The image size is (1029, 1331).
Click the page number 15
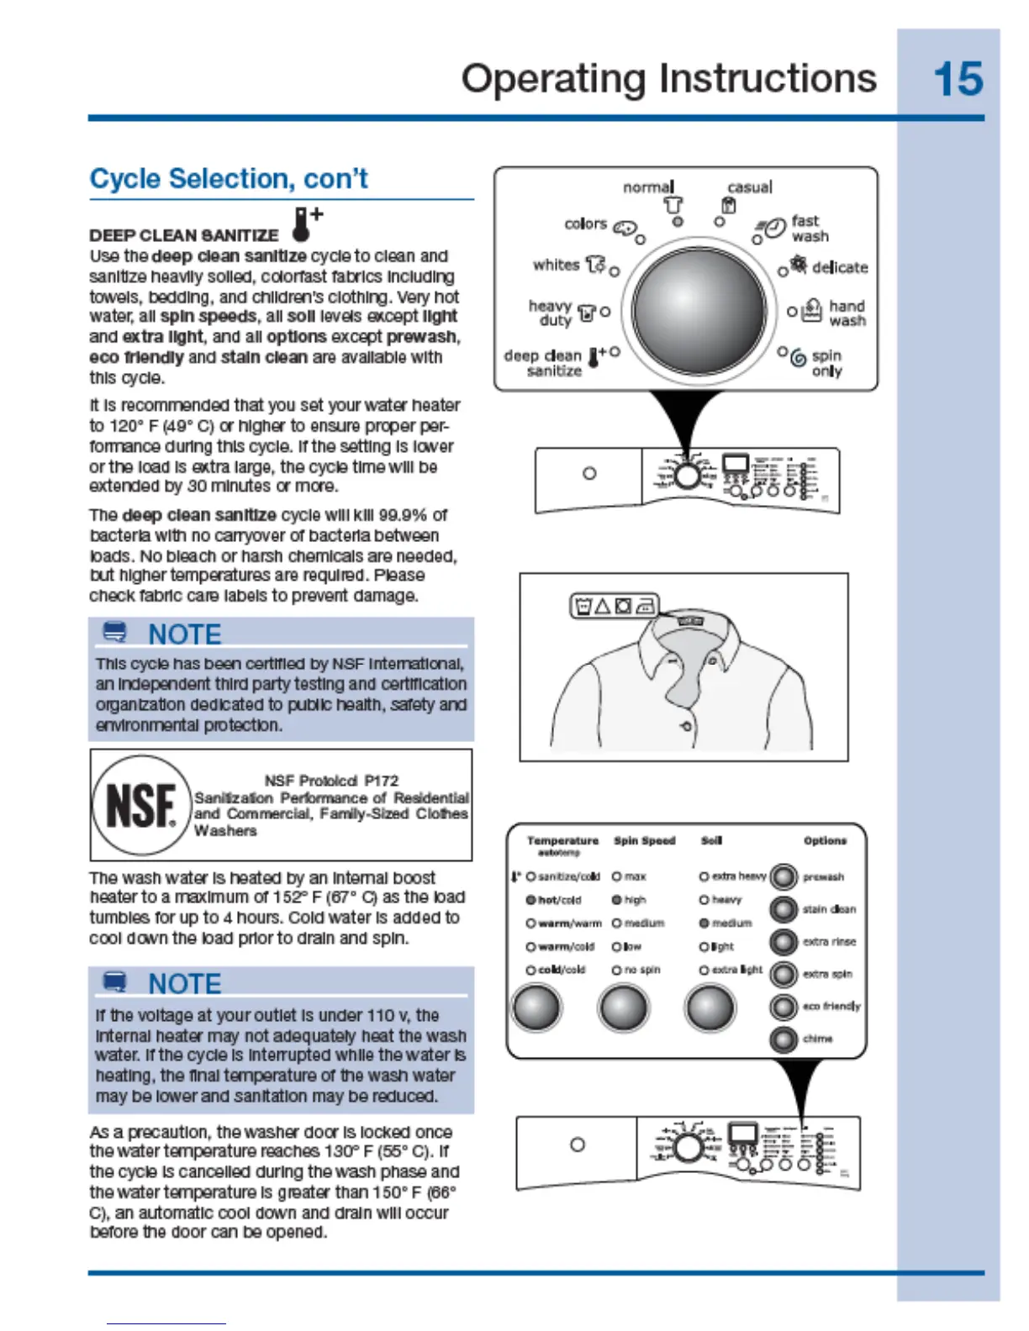[958, 80]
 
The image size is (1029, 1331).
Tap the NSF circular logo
[141, 805]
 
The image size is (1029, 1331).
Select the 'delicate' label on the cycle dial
[839, 267]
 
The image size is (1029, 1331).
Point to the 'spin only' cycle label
[826, 363]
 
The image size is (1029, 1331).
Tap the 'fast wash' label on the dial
[810, 229]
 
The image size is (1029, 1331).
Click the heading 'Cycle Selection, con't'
[229, 179]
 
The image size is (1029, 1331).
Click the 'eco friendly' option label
[831, 1006]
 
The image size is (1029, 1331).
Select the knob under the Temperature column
[536, 1007]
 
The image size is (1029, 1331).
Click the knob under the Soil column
[710, 1007]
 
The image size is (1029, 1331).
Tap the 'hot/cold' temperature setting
[559, 900]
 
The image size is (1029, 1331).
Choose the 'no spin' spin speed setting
[641, 970]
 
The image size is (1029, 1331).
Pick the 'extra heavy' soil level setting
[738, 876]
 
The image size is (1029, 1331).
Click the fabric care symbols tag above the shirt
[615, 605]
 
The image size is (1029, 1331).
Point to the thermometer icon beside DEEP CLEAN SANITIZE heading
[303, 224]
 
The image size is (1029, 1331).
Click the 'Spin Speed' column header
[644, 840]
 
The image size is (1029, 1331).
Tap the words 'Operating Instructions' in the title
[668, 79]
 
